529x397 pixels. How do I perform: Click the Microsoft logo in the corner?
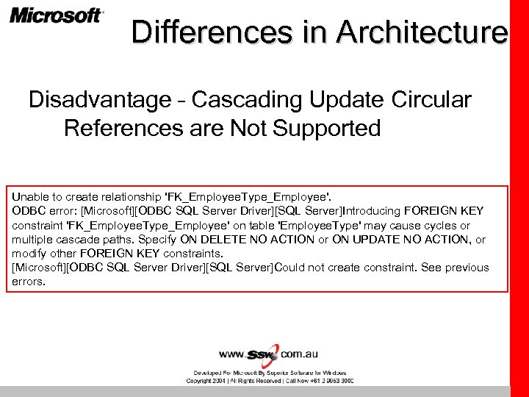(x=57, y=16)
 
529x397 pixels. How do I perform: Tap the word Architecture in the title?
(x=422, y=32)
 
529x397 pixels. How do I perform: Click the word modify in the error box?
(x=29, y=253)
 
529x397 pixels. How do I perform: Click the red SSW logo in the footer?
(x=263, y=354)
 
